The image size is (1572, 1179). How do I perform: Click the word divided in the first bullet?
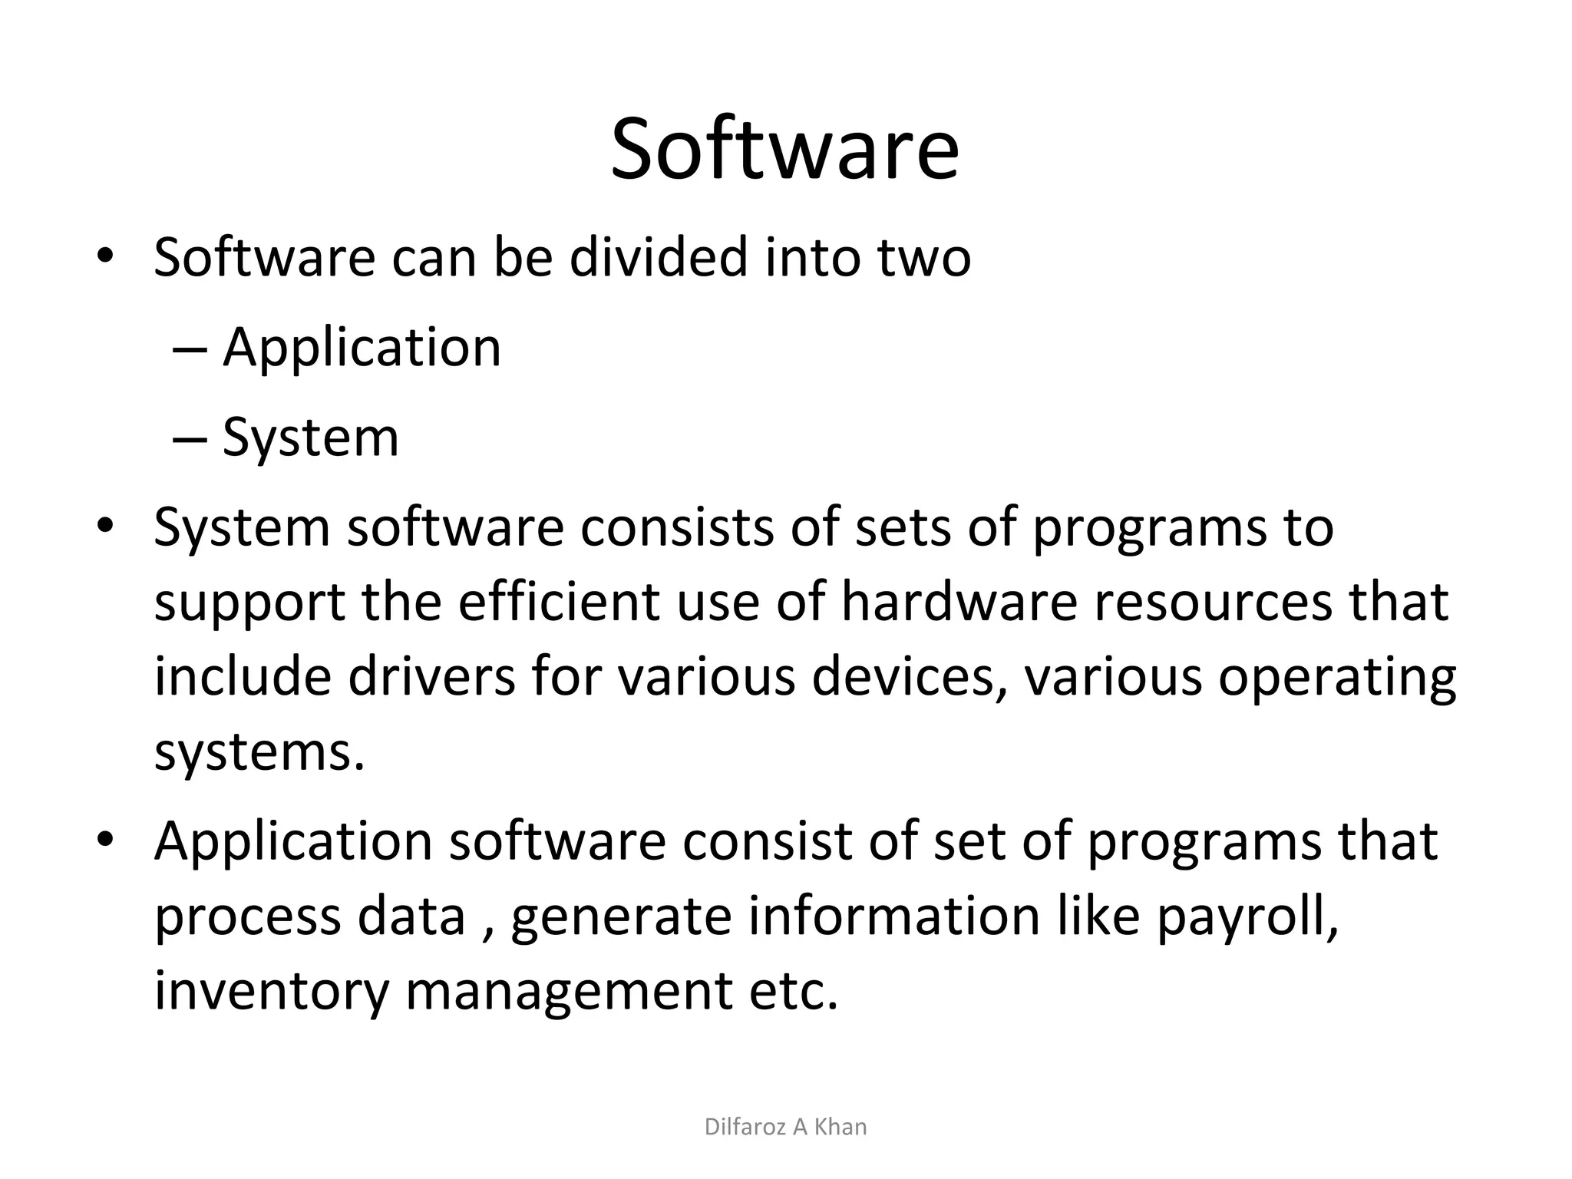coord(658,257)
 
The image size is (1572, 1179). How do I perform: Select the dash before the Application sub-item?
coord(190,350)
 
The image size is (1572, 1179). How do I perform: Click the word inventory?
coord(272,992)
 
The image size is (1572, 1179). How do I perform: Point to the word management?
coord(568,992)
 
